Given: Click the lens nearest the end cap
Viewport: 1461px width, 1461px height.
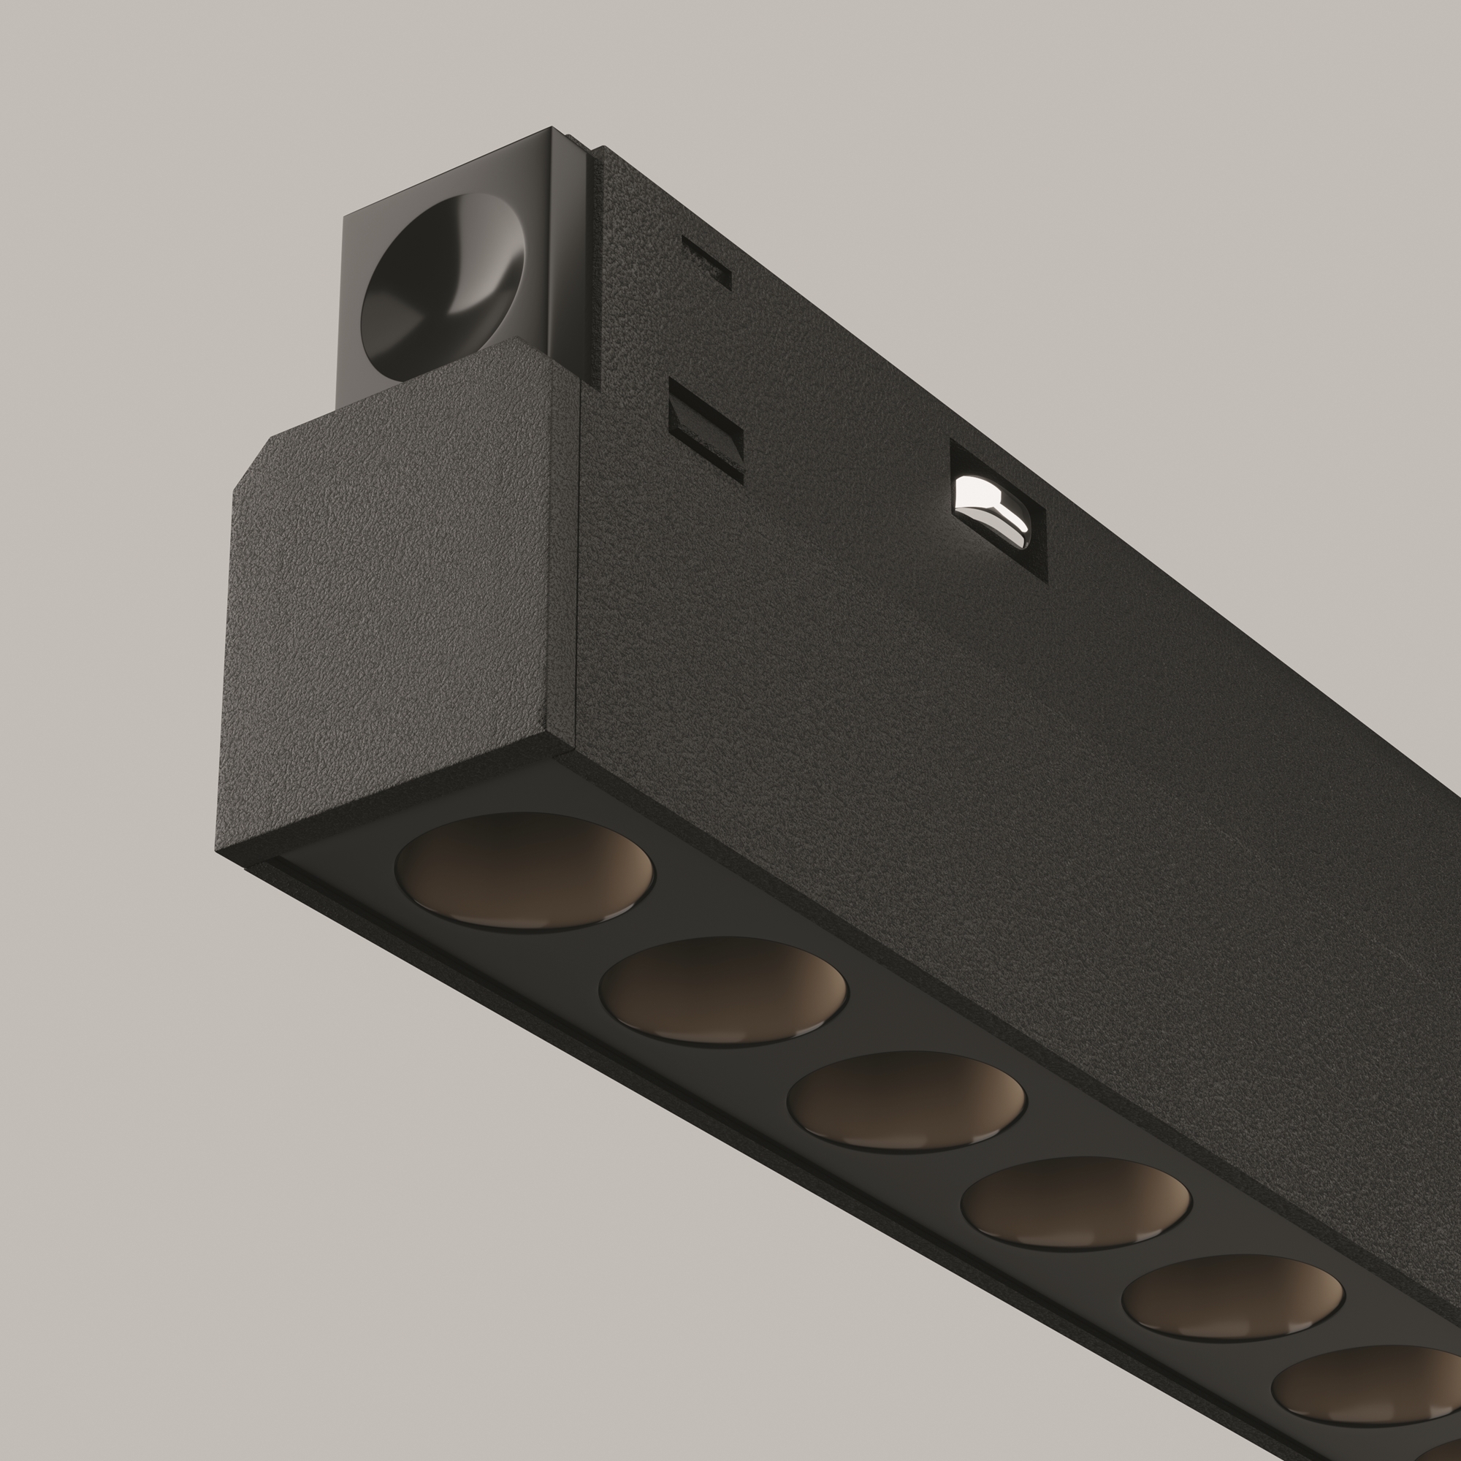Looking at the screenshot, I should point(524,871).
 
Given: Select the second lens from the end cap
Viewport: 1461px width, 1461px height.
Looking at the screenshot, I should point(723,991).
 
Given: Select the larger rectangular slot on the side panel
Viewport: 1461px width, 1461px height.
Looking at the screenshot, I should point(706,429).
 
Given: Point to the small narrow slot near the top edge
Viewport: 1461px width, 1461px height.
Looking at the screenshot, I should point(706,262).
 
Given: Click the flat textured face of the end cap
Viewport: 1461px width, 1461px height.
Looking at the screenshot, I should point(393,598).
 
